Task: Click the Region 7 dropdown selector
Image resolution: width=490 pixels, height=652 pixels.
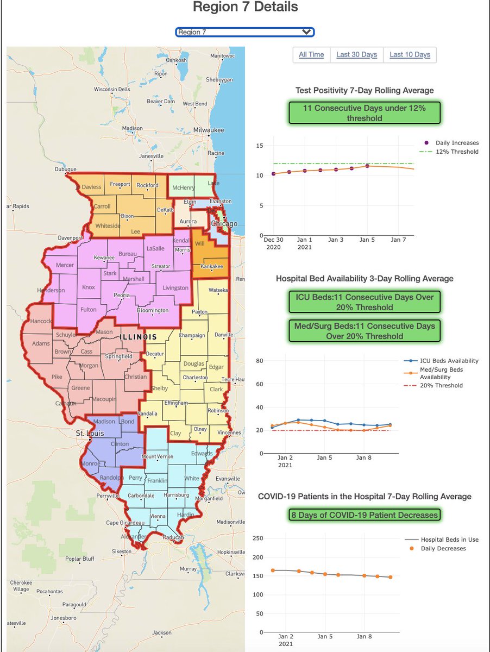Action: (x=245, y=32)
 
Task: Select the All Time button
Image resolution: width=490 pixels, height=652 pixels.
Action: (x=311, y=54)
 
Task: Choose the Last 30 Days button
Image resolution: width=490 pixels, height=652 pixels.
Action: (x=356, y=54)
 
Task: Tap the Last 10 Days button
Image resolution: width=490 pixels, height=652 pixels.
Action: (x=410, y=54)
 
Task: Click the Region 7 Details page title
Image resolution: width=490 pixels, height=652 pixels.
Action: (x=245, y=8)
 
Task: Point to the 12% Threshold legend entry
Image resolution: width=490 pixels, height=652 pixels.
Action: (x=456, y=152)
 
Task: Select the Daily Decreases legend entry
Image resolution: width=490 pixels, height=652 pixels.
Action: (x=443, y=548)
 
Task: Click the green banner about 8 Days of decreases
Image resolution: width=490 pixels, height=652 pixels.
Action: (x=365, y=515)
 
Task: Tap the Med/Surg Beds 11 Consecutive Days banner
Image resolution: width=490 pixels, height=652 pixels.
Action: (x=365, y=331)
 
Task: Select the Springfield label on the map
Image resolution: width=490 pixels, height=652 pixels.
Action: (x=118, y=356)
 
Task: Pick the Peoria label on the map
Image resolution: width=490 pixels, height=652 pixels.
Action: (x=122, y=295)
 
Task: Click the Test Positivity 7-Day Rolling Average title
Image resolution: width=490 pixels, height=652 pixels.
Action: (x=365, y=90)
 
